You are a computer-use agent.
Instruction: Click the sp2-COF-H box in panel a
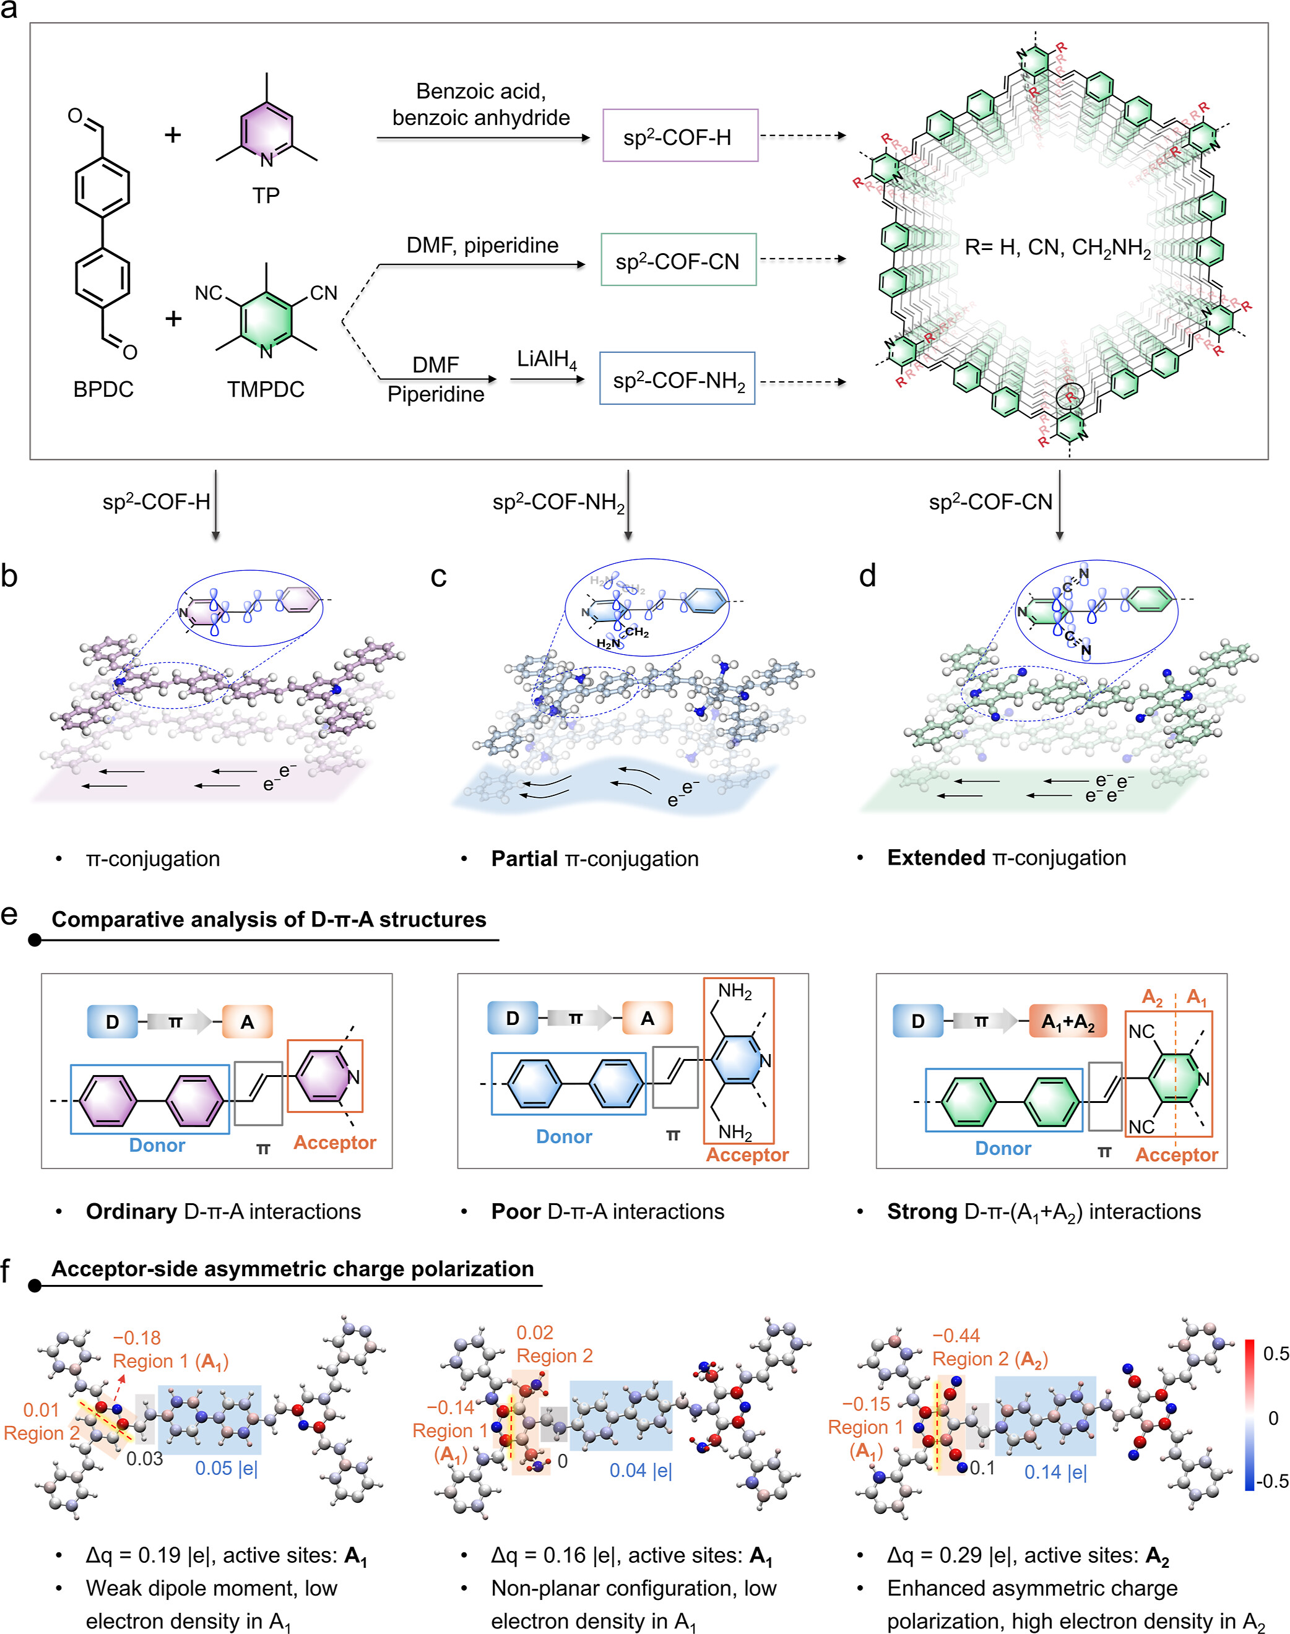click(x=680, y=136)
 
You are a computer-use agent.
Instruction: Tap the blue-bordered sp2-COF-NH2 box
click(x=677, y=378)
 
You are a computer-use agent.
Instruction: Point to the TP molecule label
click(x=266, y=196)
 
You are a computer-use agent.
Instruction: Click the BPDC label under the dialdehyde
click(x=103, y=390)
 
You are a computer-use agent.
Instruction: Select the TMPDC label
click(x=266, y=390)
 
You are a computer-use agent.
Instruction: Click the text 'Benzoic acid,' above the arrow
click(x=481, y=92)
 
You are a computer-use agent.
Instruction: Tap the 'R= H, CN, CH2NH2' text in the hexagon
click(x=1057, y=248)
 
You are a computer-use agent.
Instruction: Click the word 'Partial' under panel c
click(x=524, y=858)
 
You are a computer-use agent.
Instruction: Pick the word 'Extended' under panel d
click(x=936, y=858)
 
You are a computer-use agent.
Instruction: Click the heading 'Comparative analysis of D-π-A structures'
click(x=268, y=920)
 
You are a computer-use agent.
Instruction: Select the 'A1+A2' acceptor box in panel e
click(x=1068, y=1022)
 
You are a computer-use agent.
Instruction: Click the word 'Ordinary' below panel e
click(x=131, y=1212)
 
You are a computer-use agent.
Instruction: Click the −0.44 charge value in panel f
click(x=956, y=1336)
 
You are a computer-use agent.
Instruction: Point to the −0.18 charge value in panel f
click(x=137, y=1338)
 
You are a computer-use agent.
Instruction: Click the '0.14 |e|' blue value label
click(x=1055, y=1472)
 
